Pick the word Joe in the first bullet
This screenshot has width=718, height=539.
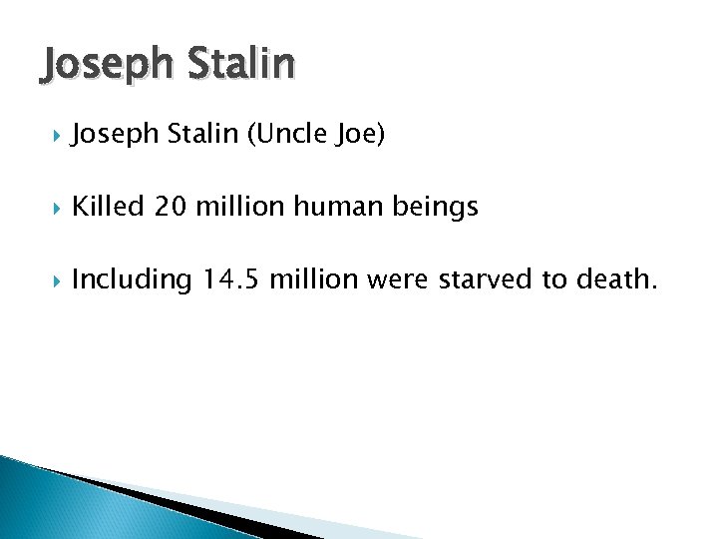tap(355, 135)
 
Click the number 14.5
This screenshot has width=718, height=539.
tap(230, 279)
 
